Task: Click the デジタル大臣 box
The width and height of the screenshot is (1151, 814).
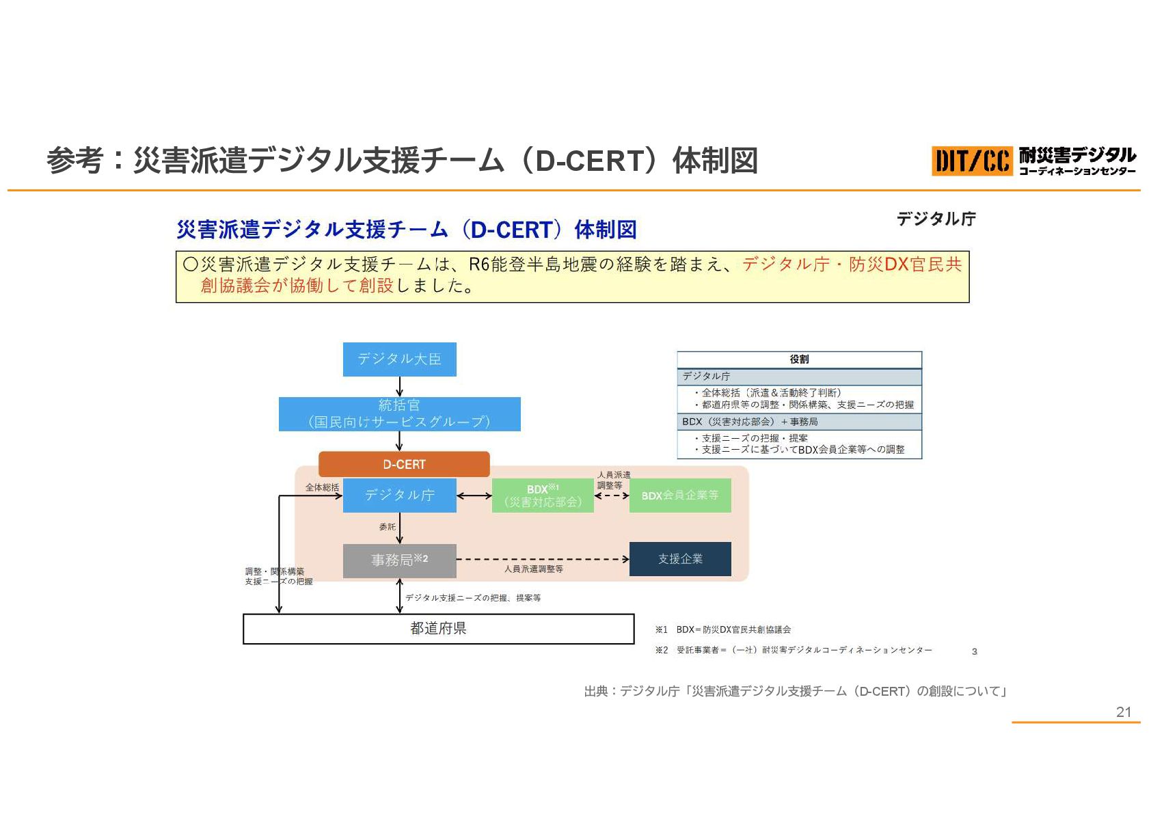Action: tap(399, 359)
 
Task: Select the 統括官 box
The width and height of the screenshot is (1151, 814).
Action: tap(399, 413)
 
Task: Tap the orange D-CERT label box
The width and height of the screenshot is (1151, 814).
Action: tap(404, 464)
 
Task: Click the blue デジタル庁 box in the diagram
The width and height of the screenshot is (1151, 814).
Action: tap(399, 495)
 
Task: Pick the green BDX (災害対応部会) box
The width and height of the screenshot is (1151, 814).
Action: tap(543, 496)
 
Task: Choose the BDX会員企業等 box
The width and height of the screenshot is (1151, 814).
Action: tap(679, 496)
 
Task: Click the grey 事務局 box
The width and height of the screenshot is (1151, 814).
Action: tap(399, 560)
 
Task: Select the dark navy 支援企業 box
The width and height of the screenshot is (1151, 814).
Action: tap(679, 559)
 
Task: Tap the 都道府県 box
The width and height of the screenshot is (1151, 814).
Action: tap(438, 628)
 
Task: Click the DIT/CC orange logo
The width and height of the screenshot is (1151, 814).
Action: tap(971, 161)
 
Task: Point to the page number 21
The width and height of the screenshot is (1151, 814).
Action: tap(1124, 711)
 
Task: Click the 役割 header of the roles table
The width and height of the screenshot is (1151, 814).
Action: tap(799, 359)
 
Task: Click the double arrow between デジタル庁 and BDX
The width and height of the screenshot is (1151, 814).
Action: tap(474, 496)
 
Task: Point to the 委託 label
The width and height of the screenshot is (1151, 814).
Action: tap(387, 527)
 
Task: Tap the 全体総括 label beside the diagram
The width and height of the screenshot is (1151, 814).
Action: tap(322, 487)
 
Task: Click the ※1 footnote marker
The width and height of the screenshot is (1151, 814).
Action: tap(661, 629)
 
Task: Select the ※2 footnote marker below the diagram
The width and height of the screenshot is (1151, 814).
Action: tap(661, 650)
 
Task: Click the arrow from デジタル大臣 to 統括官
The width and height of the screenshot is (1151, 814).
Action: tap(399, 386)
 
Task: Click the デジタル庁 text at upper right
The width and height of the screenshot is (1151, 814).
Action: tap(936, 219)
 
